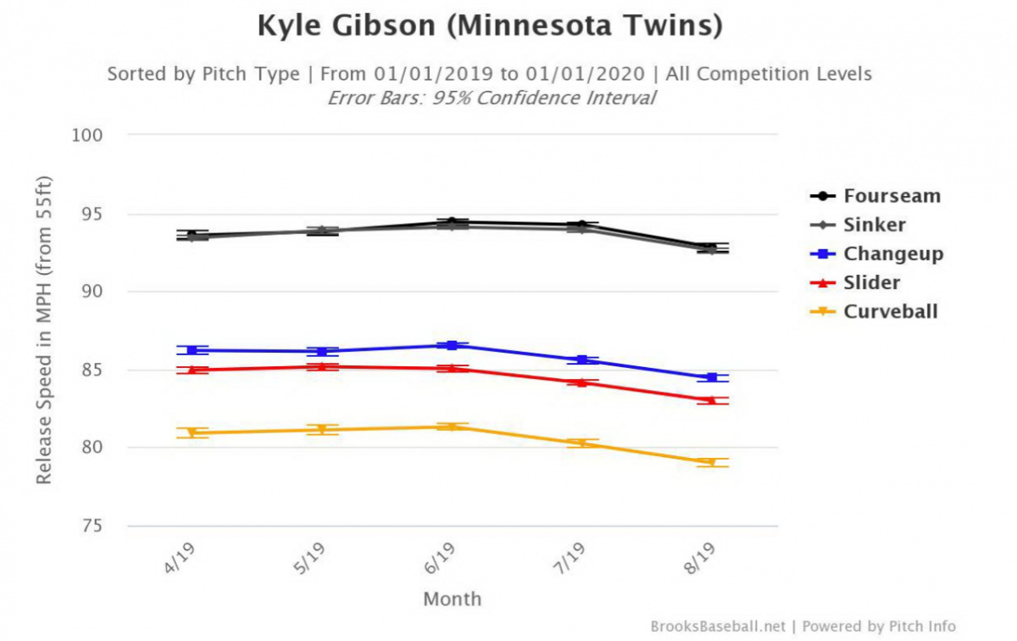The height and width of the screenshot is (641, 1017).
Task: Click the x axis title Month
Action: (452, 599)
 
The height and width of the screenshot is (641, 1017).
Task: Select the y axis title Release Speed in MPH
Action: (44, 331)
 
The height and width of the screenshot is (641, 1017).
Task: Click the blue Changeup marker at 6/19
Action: (452, 345)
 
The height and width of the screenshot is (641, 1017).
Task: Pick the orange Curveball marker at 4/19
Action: (192, 432)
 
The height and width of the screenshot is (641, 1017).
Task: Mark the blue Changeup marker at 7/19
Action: (582, 360)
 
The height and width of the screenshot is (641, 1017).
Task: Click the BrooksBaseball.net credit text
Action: (718, 626)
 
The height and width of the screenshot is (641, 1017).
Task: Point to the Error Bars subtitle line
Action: (492, 98)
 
